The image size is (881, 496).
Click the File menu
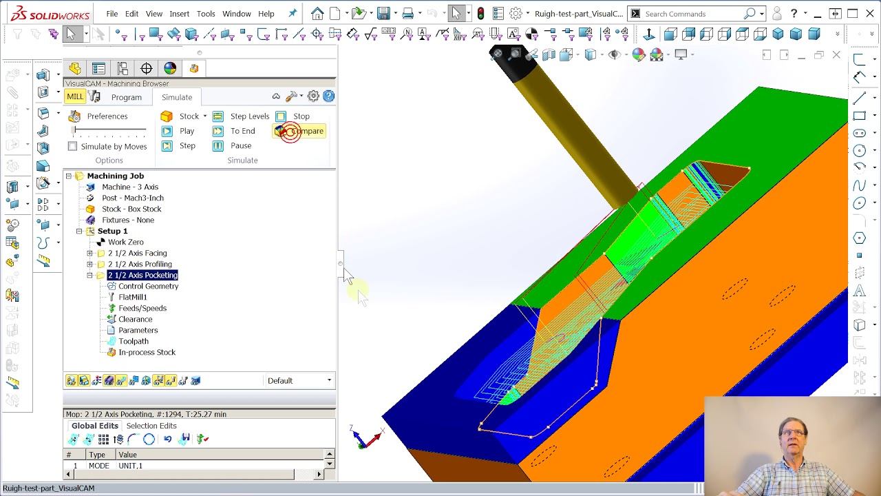point(112,14)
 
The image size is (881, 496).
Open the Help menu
point(266,14)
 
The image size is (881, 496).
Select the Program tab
point(127,97)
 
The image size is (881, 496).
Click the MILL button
point(75,97)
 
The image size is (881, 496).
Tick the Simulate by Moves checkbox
point(73,146)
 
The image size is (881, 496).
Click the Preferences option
point(107,116)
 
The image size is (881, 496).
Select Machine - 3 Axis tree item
point(129,187)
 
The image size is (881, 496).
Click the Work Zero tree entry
point(125,242)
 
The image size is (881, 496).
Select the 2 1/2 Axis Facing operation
point(137,253)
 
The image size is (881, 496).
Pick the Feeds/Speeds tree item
point(142,308)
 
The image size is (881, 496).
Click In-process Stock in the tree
point(147,352)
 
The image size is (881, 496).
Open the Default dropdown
point(299,380)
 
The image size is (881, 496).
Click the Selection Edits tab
point(151,426)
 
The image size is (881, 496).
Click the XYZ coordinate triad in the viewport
point(365,437)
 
